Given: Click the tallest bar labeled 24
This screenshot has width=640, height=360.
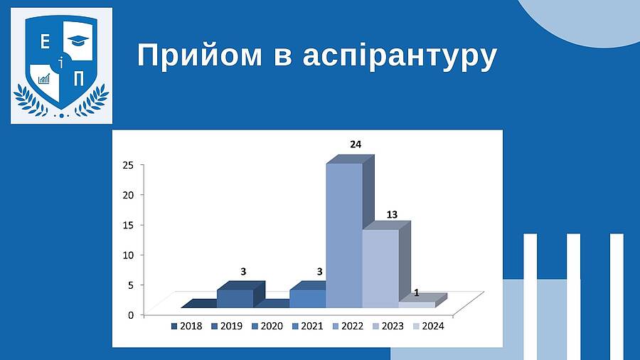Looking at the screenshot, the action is click(x=344, y=235).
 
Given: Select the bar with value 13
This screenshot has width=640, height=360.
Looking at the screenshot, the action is click(x=381, y=268).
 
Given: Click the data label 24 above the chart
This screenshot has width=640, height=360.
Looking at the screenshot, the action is click(x=356, y=144).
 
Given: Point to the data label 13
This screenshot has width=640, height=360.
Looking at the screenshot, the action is click(x=392, y=215).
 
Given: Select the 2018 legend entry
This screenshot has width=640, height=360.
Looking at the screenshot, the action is click(x=186, y=326).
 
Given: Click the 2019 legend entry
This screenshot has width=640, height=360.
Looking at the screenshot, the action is click(x=227, y=326).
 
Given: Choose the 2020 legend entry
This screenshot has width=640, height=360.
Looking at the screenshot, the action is click(x=267, y=326).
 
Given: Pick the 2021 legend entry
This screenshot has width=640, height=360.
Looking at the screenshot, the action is click(x=308, y=326).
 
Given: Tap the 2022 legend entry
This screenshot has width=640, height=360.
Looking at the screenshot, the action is click(x=348, y=326).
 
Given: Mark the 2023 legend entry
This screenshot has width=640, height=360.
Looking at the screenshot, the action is click(x=388, y=326).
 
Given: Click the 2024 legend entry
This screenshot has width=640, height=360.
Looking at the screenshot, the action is click(x=429, y=326).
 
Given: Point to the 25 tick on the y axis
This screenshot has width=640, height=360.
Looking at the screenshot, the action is click(x=128, y=165).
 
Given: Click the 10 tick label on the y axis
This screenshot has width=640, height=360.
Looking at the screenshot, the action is click(x=128, y=255).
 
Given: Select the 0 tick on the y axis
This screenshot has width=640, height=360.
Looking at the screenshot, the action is click(x=131, y=315).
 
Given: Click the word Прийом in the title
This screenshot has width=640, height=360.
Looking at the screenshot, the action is click(x=200, y=56).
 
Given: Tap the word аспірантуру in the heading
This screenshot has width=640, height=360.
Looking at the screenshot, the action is click(x=400, y=57).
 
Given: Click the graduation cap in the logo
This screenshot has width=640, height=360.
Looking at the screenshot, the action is click(x=78, y=41).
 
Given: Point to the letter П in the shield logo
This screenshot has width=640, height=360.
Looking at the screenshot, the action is click(x=79, y=78).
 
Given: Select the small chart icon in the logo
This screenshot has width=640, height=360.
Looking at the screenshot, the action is click(x=43, y=79).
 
